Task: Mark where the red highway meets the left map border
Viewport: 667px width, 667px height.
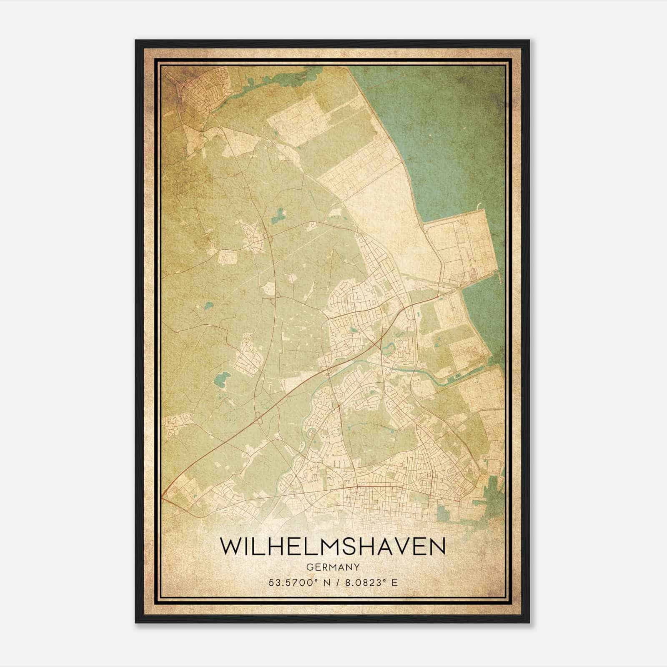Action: tap(163, 496)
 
